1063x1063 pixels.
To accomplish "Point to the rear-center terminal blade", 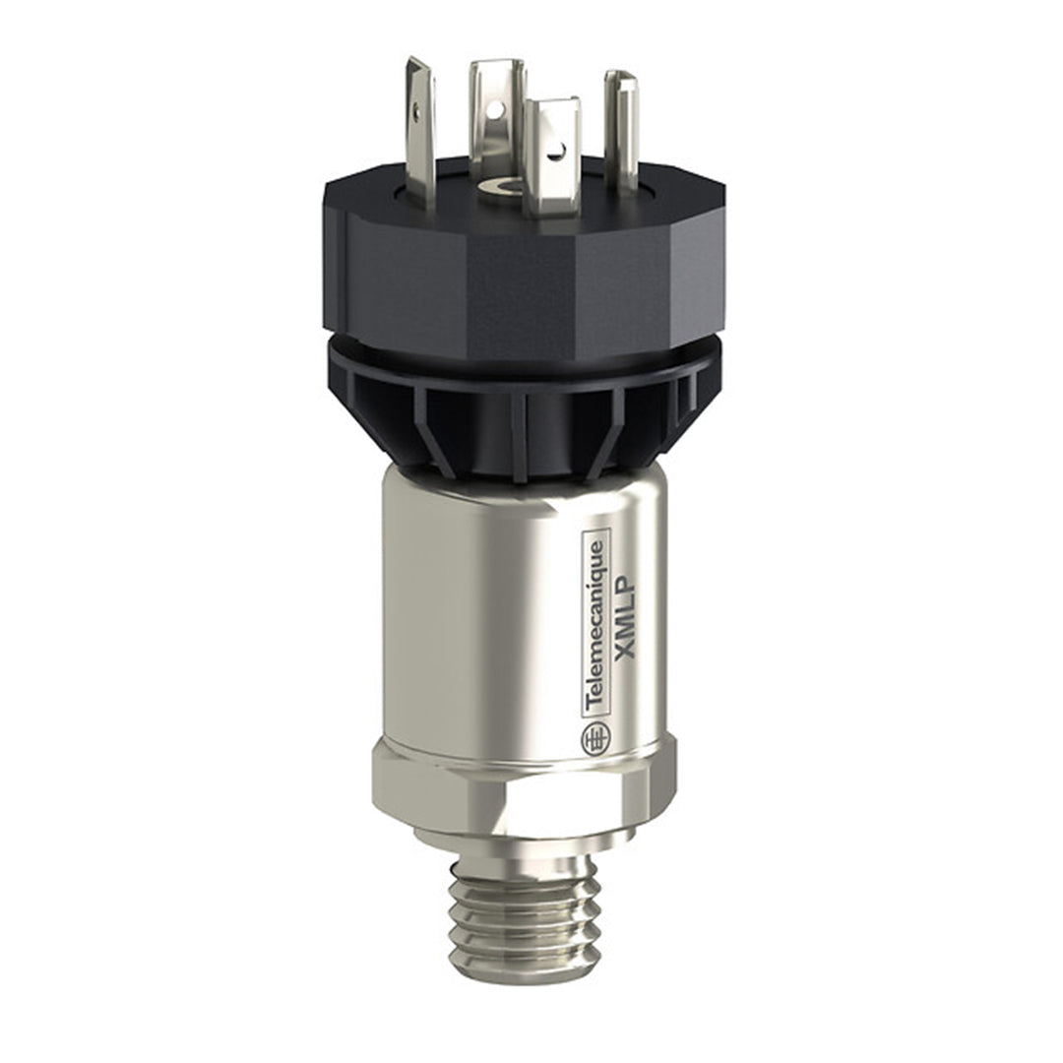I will tap(496, 108).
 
